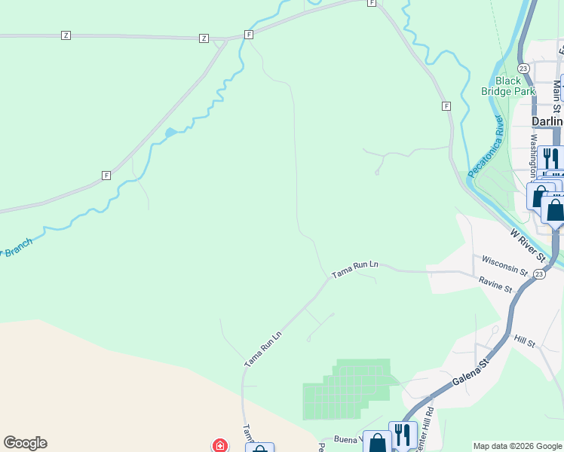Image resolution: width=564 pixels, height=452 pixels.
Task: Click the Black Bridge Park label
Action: coord(508,86)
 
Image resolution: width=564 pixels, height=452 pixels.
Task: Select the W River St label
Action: coord(528,246)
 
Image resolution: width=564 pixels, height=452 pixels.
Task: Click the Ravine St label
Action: coord(495,285)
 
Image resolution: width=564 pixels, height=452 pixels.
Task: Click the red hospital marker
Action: coord(219,445)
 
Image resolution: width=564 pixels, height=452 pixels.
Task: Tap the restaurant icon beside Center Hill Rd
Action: coord(402,435)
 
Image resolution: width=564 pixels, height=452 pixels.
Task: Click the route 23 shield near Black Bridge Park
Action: coord(523,68)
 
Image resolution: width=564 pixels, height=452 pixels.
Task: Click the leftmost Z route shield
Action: coord(66,35)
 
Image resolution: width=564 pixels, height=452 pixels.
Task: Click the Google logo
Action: coord(25,443)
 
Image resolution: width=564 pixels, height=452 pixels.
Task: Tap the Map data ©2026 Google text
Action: coord(517,446)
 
